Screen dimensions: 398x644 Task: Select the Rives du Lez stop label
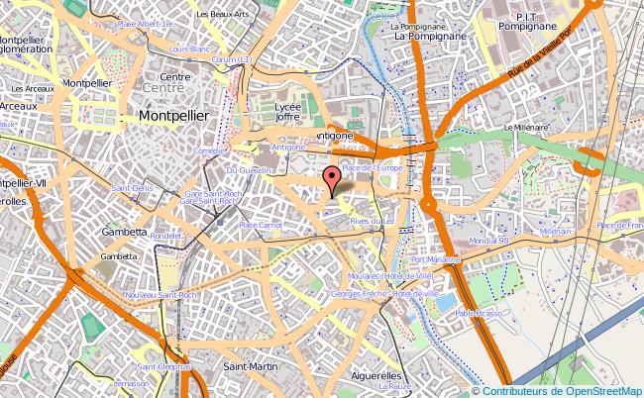coord(373,221)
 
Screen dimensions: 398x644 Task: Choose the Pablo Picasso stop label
coord(479,313)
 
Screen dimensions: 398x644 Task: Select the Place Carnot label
coord(261,226)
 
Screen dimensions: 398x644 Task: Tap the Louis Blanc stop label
coord(190,49)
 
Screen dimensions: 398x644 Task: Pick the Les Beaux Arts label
coord(222,15)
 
